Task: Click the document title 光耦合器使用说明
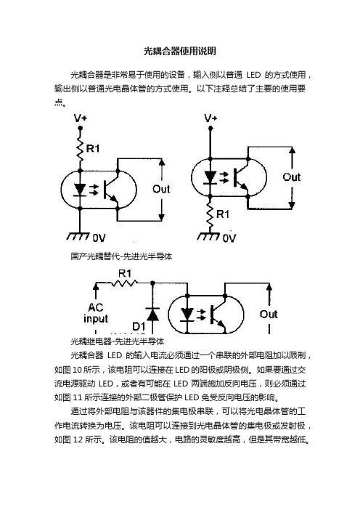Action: click(180, 51)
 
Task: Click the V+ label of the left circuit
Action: click(81, 118)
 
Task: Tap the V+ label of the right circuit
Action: click(210, 118)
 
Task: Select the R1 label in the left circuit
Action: click(93, 149)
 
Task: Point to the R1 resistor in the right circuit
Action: click(210, 214)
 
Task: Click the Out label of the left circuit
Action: click(161, 189)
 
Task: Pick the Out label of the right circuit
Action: click(292, 177)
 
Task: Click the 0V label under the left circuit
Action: click(99, 238)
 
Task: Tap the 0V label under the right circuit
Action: click(229, 238)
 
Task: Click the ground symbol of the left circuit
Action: click(78, 236)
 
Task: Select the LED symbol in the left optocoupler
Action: click(80, 190)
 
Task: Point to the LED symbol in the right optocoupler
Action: click(210, 178)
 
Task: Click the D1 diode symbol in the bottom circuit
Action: click(152, 314)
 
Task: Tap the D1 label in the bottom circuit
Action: click(139, 326)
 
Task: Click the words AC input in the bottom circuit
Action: click(96, 313)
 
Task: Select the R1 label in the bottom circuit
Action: click(124, 274)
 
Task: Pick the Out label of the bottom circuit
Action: click(269, 314)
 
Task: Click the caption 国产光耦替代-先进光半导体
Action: click(121, 256)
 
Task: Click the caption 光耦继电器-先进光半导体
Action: click(118, 341)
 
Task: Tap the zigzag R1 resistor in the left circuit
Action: click(80, 149)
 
